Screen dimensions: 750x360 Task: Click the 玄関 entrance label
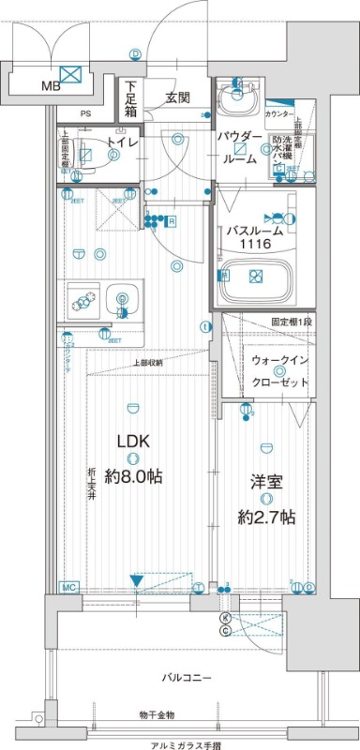coord(178,97)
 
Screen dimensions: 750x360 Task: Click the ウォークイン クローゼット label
coord(278,375)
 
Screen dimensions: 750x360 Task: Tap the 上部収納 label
coord(147,362)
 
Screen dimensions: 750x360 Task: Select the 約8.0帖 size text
coord(133,476)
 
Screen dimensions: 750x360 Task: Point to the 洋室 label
coord(265,482)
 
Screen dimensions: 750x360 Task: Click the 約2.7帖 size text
coord(266,517)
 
